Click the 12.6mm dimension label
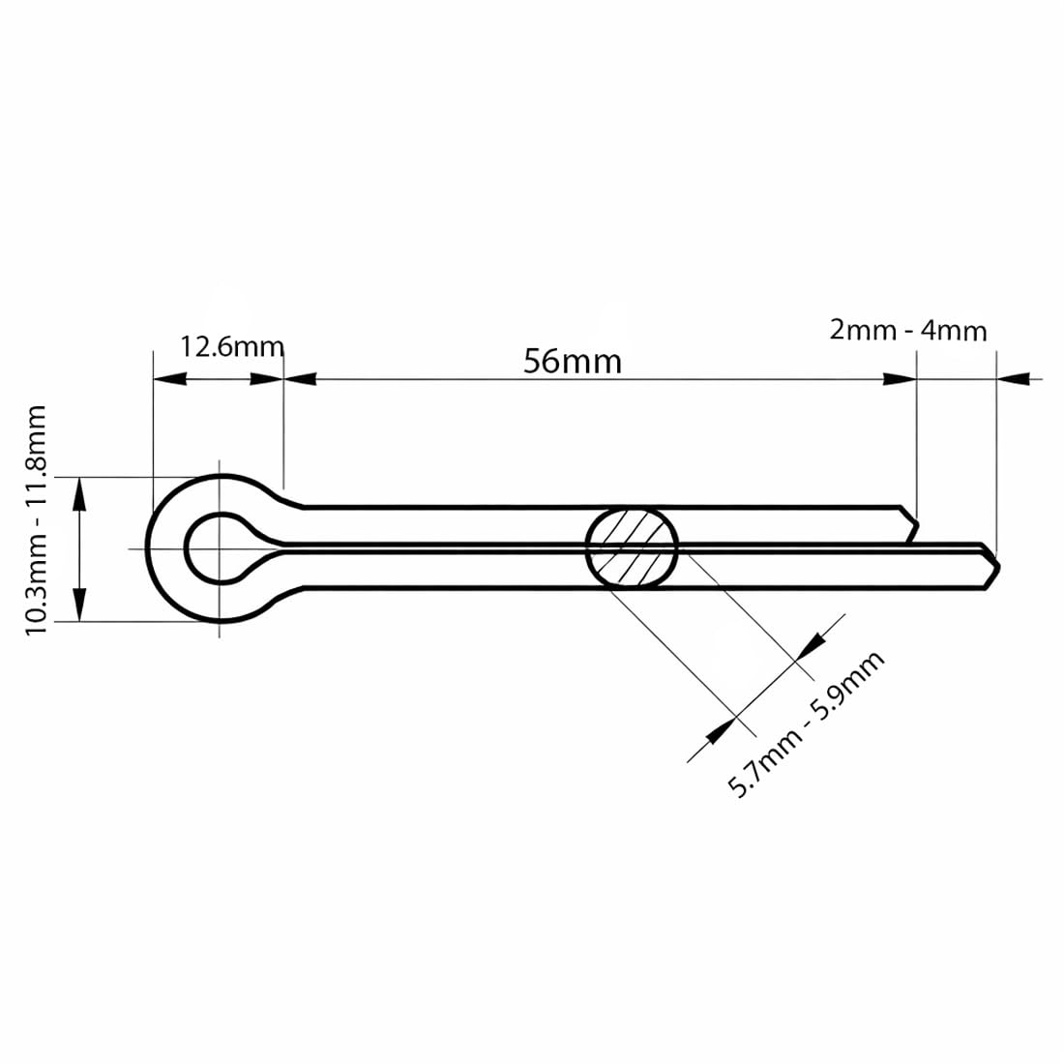coord(231,346)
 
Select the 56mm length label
coord(572,361)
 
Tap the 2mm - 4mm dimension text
coord(908,331)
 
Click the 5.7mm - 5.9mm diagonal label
coord(806,724)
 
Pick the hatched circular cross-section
coord(632,547)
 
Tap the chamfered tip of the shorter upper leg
coord(911,525)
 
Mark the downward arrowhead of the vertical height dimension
coord(79,606)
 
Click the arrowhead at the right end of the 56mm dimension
coord(900,378)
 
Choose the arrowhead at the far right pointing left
coord(1014,378)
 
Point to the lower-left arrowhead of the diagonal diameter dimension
coord(721,731)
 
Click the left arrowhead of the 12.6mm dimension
coord(170,378)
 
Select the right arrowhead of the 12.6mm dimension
coord(266,378)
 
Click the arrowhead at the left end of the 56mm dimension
coord(301,378)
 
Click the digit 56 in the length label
coord(541,361)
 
